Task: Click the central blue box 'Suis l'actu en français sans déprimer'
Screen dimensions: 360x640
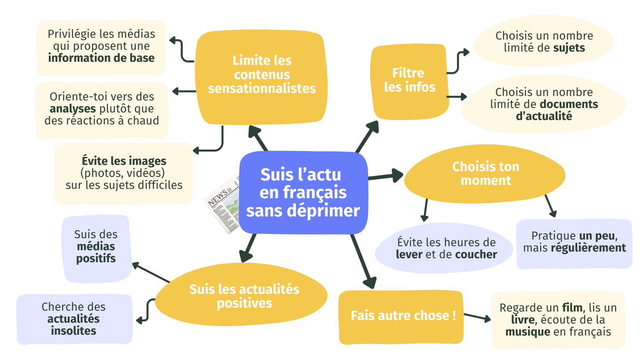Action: [x=304, y=192]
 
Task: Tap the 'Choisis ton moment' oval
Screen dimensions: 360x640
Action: [x=485, y=174]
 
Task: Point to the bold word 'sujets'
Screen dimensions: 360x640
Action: [x=569, y=48]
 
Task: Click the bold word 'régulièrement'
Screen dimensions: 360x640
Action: [x=588, y=248]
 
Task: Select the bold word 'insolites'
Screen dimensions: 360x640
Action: [x=73, y=331]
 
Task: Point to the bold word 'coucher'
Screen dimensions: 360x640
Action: [x=476, y=255]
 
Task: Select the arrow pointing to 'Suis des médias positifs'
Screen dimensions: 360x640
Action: [x=150, y=272]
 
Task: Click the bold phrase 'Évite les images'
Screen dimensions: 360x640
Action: [x=124, y=160]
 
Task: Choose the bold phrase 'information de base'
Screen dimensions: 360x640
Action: [x=101, y=58]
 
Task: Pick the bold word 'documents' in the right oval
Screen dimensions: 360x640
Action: [x=569, y=104]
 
